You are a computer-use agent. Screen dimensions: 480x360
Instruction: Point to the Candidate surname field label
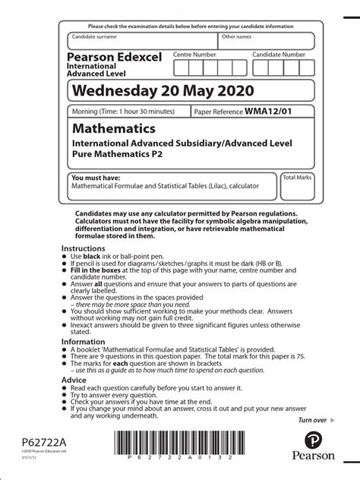click(x=95, y=36)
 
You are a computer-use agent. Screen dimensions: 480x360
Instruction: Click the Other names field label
click(x=236, y=36)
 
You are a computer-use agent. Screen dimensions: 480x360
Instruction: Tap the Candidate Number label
click(x=279, y=55)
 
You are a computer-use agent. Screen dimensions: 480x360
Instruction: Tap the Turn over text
click(x=312, y=419)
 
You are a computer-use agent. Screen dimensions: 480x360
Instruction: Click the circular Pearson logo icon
click(x=313, y=441)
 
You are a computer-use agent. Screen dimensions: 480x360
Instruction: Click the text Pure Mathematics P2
click(x=117, y=153)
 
